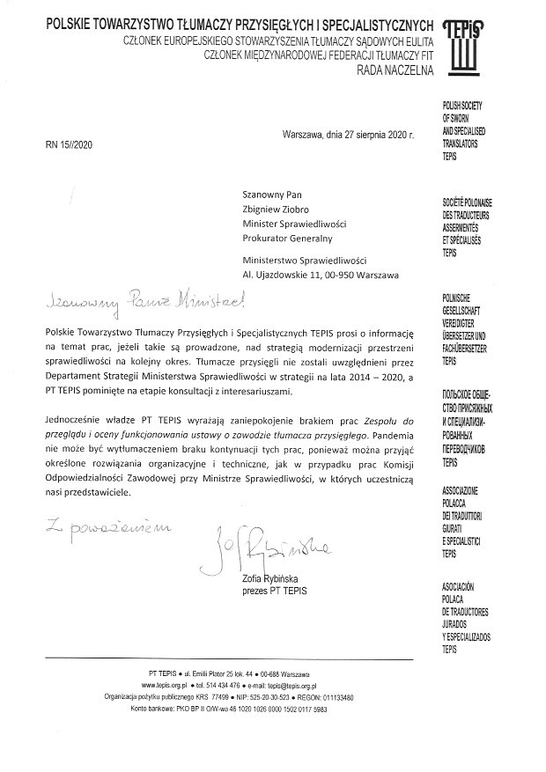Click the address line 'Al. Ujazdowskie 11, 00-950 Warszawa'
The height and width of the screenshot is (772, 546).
pos(321,275)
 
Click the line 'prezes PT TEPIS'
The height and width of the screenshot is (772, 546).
pos(274,591)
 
